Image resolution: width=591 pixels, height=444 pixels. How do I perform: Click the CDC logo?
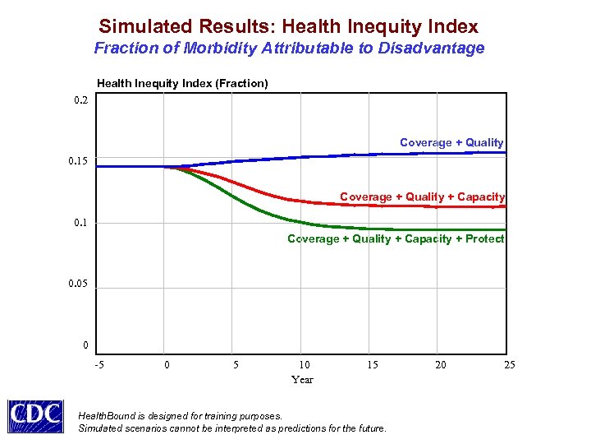(x=35, y=415)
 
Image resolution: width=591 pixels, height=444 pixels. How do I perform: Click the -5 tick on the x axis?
(x=98, y=364)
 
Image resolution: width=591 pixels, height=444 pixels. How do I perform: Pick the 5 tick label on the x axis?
(x=236, y=364)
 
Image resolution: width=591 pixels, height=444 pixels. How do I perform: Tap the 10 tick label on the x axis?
(x=304, y=364)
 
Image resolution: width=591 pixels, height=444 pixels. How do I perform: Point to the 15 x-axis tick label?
(x=373, y=364)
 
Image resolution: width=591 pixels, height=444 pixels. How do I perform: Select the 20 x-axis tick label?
(x=441, y=364)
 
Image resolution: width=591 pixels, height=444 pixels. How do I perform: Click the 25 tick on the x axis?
(x=509, y=364)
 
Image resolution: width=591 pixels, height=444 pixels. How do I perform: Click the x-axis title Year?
(x=302, y=379)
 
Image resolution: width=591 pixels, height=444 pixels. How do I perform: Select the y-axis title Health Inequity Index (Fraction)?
(x=182, y=83)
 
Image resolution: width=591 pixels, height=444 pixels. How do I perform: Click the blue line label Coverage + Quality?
(x=451, y=142)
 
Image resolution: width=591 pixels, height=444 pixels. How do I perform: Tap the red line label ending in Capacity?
(x=422, y=197)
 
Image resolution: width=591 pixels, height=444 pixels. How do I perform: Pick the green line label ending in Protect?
(x=396, y=238)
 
